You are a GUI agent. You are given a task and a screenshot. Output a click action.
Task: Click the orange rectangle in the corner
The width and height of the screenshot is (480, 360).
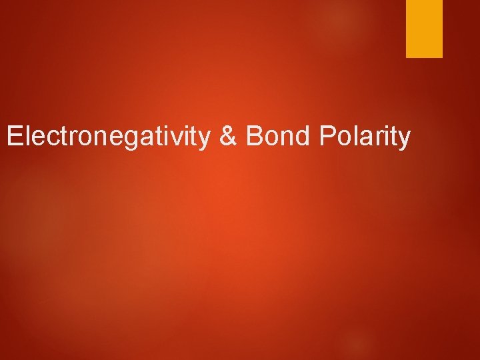point(425,29)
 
